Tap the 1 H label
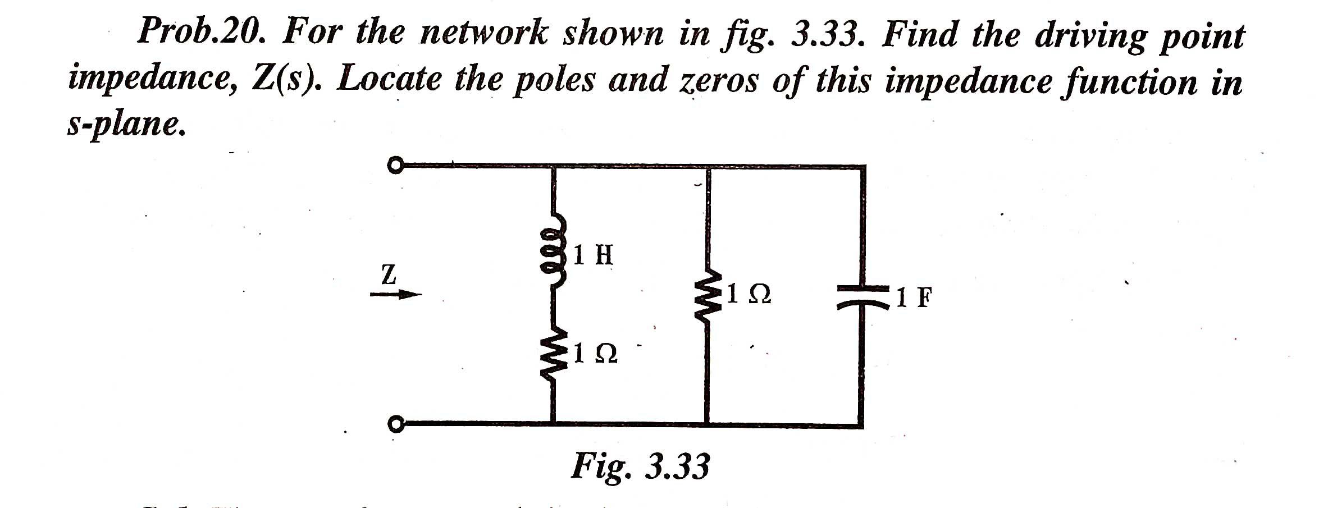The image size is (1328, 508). (x=594, y=256)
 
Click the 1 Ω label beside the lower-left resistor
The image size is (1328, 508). (x=596, y=354)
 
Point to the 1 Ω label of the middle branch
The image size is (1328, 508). (x=748, y=294)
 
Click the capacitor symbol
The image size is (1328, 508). (x=862, y=297)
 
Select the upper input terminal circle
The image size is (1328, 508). (x=395, y=166)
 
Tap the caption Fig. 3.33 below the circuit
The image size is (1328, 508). (x=640, y=466)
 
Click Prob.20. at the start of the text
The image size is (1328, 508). (x=200, y=34)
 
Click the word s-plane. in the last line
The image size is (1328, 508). (x=125, y=125)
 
